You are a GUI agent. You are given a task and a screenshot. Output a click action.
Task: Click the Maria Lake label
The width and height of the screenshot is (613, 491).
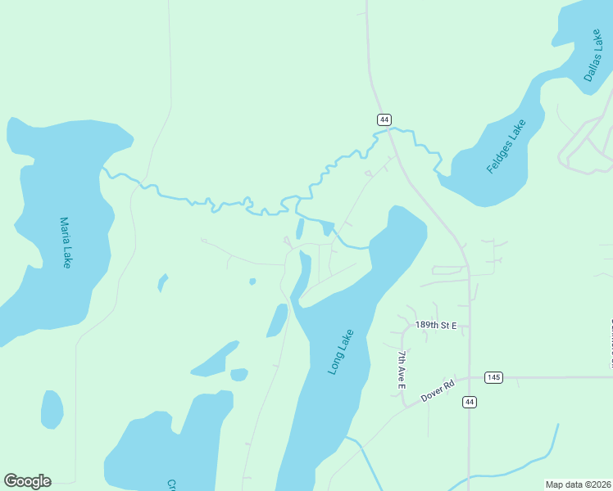point(66,242)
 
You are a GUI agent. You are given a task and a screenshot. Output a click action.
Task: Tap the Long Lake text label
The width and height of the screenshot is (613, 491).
point(341,352)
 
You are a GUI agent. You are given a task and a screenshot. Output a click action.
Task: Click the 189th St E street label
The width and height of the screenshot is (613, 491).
point(435,325)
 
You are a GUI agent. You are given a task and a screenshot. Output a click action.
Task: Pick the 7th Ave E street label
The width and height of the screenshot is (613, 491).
point(402,368)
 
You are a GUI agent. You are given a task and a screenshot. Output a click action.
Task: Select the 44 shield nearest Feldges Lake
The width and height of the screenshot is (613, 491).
point(384,119)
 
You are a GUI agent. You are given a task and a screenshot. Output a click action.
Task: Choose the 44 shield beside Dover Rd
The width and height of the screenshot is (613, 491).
point(469,402)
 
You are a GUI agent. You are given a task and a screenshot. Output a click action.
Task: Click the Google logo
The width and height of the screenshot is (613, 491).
point(27,481)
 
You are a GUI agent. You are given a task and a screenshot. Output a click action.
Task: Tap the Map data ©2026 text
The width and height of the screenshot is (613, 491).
point(578,484)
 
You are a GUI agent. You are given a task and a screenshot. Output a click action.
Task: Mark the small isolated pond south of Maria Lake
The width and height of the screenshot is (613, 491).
point(52,409)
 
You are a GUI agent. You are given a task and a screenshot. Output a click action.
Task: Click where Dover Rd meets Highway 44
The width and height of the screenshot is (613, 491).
point(470,378)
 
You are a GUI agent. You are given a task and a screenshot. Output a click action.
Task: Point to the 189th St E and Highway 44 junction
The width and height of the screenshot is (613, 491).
point(470,326)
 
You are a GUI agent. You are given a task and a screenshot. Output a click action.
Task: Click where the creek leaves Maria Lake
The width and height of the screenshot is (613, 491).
point(103,170)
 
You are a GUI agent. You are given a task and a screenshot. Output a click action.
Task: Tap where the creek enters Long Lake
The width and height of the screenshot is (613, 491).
point(369,246)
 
